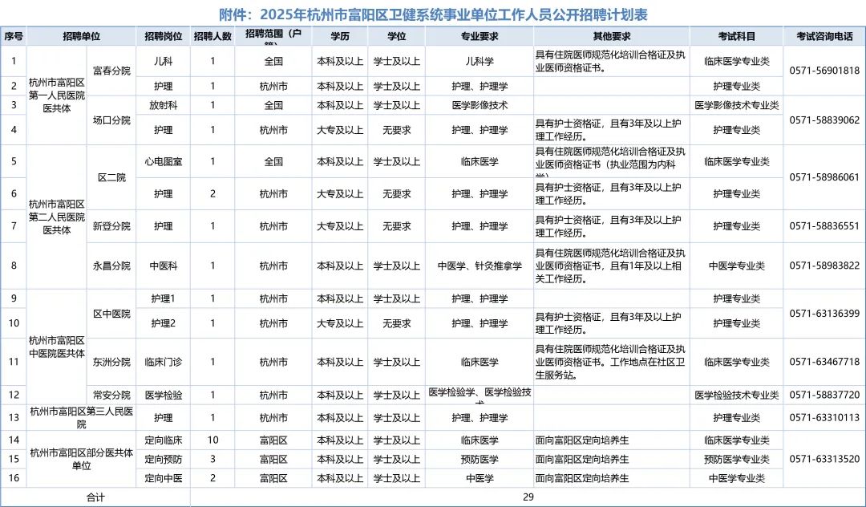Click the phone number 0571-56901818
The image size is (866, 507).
[824, 71]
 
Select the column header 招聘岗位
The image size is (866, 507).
[164, 36]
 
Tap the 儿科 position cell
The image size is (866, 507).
[164, 61]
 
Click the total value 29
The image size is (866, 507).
[528, 497]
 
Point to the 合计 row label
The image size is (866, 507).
[95, 497]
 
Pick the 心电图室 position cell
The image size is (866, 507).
[164, 161]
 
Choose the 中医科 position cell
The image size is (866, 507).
[164, 266]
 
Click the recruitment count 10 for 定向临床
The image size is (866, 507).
[212, 440]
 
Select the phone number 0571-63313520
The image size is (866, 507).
[824, 459]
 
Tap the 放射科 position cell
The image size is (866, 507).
[164, 105]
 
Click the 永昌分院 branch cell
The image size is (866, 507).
[111, 266]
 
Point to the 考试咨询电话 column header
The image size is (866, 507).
[824, 36]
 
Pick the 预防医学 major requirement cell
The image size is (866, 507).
[480, 459]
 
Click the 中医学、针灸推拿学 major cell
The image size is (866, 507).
[480, 266]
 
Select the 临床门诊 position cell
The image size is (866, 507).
[164, 362]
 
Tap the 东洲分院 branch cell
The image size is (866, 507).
[111, 362]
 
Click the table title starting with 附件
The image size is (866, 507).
[433, 14]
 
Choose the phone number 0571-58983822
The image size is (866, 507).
[824, 266]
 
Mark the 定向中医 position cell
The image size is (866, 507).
[164, 478]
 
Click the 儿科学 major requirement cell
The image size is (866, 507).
[480, 61]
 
